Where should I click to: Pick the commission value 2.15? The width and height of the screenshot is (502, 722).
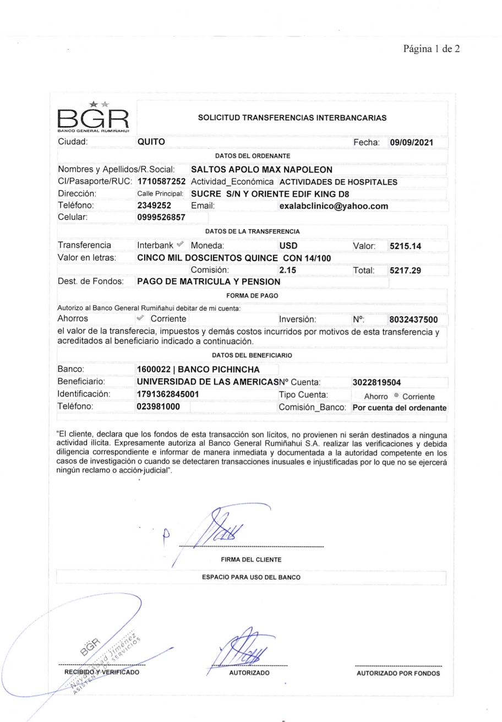(288, 270)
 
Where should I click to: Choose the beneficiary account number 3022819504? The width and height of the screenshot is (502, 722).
(379, 379)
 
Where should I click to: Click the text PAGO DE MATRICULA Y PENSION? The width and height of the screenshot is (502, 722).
(209, 282)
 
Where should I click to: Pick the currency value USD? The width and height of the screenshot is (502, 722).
(289, 246)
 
